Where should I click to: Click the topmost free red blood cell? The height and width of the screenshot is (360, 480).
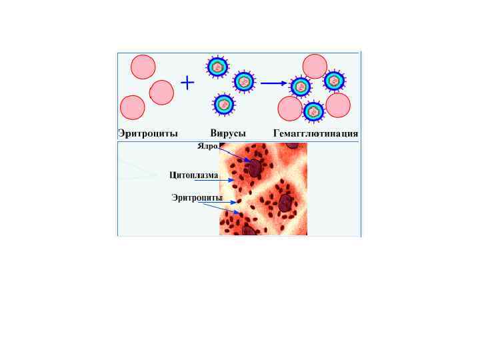pyautogui.click(x=143, y=67)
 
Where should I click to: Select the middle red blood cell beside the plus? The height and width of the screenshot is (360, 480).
pyautogui.click(x=161, y=92)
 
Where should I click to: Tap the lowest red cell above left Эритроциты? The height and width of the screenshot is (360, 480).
pyautogui.click(x=132, y=107)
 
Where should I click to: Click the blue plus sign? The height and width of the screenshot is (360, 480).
pyautogui.click(x=188, y=83)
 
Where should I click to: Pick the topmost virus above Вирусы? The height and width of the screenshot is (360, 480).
pyautogui.click(x=217, y=66)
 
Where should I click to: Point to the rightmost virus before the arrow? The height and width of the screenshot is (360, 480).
pyautogui.click(x=244, y=82)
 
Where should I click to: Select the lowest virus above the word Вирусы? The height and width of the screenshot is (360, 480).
pyautogui.click(x=224, y=105)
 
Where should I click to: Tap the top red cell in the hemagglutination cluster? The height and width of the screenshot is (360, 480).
pyautogui.click(x=315, y=66)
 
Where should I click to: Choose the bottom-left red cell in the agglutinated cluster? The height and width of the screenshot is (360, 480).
pyautogui.click(x=290, y=109)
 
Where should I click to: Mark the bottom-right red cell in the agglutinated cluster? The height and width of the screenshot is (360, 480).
pyautogui.click(x=338, y=105)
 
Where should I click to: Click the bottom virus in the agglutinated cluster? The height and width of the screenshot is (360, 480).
pyautogui.click(x=313, y=111)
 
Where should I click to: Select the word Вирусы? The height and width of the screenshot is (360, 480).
pyautogui.click(x=229, y=133)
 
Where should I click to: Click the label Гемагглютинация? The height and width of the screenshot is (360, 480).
pyautogui.click(x=316, y=133)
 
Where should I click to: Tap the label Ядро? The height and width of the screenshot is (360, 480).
pyautogui.click(x=208, y=146)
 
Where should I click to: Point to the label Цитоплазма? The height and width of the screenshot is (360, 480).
pyautogui.click(x=194, y=175)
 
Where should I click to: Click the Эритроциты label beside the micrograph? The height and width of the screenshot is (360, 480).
pyautogui.click(x=197, y=197)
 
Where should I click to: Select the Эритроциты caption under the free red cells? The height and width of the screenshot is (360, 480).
pyautogui.click(x=148, y=133)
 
